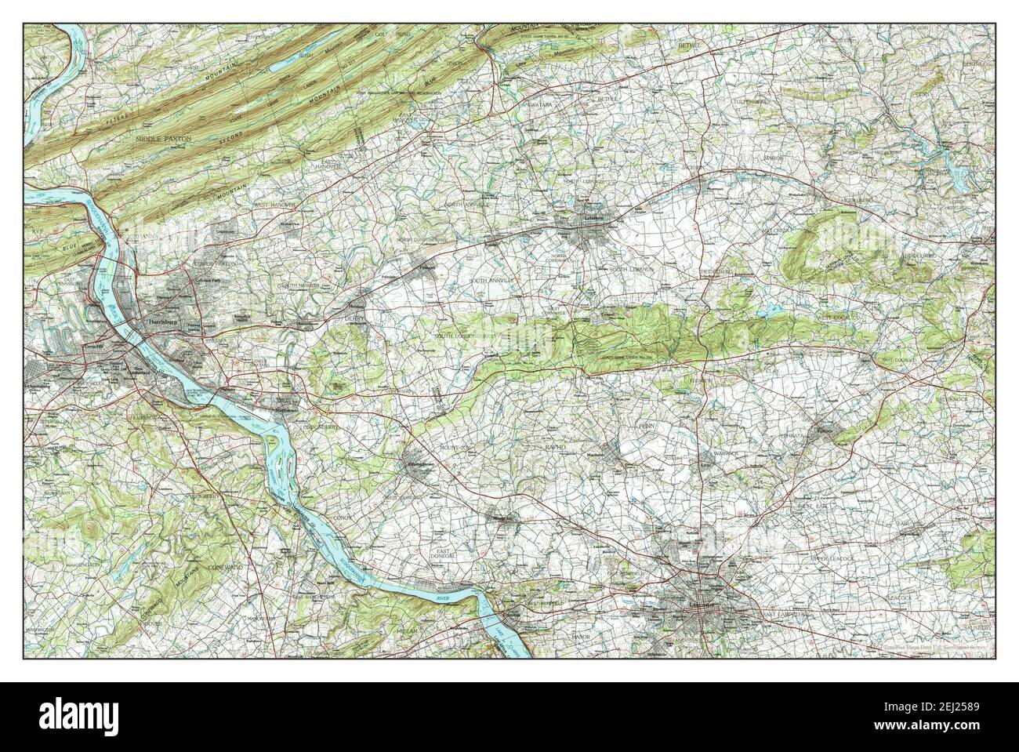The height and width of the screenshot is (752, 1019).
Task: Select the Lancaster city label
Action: [x=696, y=606]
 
